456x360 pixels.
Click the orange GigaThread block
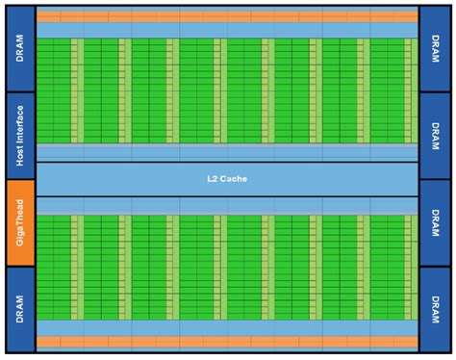20,222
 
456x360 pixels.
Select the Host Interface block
20,136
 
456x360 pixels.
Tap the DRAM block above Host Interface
20,49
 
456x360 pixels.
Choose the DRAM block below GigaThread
20,309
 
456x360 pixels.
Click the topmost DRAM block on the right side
435,49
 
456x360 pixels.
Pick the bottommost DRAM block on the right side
435,309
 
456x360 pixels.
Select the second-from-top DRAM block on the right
435,136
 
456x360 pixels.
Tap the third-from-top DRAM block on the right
435,222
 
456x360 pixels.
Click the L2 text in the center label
214,179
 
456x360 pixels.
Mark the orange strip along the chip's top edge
227,17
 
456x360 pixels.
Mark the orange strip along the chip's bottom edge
227,342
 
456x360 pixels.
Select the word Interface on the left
20,145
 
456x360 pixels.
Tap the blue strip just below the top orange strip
227,31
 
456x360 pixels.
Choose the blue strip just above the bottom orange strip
227,328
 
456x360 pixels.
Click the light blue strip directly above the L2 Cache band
227,152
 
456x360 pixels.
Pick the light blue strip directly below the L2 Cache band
227,206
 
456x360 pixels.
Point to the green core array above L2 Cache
227,91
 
